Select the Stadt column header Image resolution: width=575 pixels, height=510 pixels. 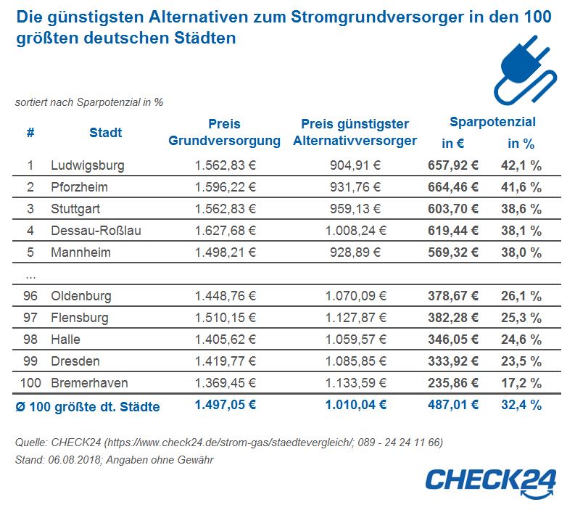(106, 133)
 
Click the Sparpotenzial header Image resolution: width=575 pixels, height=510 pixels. (492, 122)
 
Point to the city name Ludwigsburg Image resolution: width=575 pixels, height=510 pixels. (88, 165)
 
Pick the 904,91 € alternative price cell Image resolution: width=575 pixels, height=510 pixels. (355, 165)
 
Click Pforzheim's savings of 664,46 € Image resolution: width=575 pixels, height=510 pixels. (453, 187)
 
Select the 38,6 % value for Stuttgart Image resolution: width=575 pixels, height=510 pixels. (521, 209)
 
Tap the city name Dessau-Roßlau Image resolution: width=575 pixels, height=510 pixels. (96, 231)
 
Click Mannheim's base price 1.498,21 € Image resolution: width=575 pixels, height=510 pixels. (226, 252)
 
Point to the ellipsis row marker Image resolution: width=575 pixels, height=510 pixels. (30, 277)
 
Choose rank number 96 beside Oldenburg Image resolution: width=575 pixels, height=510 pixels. (30, 296)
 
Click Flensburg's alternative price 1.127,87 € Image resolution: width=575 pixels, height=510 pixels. (356, 317)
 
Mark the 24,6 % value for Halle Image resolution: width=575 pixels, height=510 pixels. (521, 340)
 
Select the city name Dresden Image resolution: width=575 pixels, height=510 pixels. (75, 361)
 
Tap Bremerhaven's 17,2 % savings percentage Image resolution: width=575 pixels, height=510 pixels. (521, 383)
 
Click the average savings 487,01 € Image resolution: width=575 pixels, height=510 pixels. (453, 405)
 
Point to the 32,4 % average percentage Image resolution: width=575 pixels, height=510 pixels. (521, 405)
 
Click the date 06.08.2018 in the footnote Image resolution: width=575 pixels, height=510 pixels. (74, 460)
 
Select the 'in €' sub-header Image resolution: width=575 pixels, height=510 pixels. (453, 143)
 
